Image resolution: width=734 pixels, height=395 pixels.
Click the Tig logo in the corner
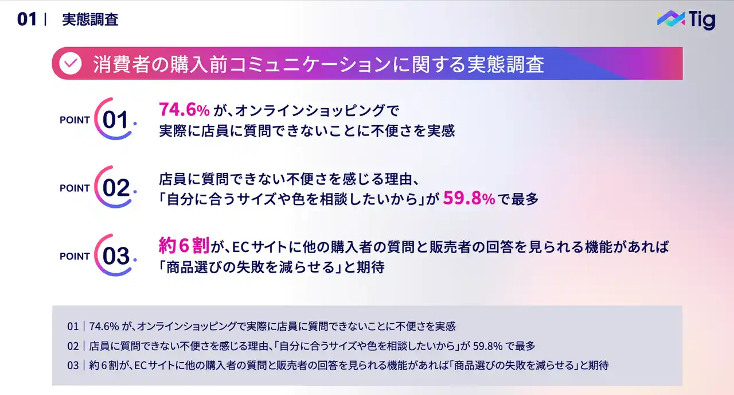[x=686, y=20]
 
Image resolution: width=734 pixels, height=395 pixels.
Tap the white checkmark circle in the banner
[x=71, y=63]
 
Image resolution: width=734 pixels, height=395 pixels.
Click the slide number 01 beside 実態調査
[x=27, y=20]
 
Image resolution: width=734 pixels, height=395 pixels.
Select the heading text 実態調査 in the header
[x=90, y=20]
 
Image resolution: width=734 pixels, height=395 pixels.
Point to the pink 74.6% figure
[x=184, y=109]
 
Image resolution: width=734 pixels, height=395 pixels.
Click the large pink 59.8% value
[x=469, y=198]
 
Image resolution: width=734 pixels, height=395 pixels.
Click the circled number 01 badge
[x=115, y=119]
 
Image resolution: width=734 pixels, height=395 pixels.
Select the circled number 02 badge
[x=115, y=187]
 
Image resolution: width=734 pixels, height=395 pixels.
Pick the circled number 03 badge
[x=115, y=255]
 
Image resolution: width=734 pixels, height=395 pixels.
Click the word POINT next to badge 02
[x=75, y=188]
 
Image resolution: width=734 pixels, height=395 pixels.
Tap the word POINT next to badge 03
[x=75, y=256]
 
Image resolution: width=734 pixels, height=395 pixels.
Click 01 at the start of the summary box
[x=73, y=327]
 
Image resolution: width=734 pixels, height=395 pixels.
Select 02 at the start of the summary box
[x=73, y=346]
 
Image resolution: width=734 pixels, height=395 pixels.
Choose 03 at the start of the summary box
[x=73, y=366]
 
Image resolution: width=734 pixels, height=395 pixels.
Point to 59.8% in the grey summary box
[x=487, y=346]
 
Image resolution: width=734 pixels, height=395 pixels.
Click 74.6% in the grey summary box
[x=104, y=327]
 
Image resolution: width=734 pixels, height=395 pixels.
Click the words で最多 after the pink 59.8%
[x=518, y=199]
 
